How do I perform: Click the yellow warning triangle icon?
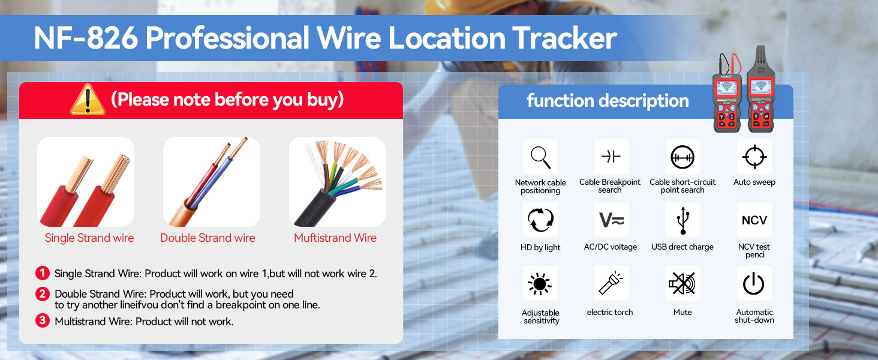coord(88,100)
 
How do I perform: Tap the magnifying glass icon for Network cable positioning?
coord(540,157)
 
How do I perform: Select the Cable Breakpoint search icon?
coord(611,157)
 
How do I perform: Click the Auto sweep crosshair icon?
coord(754,157)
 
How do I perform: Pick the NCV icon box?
coord(754,220)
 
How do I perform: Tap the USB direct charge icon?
coord(682,220)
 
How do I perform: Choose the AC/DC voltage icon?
coord(611,220)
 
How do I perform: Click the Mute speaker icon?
coord(682,284)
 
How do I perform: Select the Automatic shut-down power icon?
coord(754,284)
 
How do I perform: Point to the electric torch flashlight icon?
coord(611,284)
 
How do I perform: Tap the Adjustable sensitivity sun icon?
coord(540,284)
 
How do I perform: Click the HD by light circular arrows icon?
coord(540,220)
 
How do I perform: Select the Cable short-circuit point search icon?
coord(682,157)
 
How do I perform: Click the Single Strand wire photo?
coord(86,182)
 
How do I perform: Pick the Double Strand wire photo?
coord(212,182)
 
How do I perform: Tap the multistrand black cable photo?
coord(337,182)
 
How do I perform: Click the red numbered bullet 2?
coord(42,294)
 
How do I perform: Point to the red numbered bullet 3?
coord(42,320)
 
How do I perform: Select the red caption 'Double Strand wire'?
coord(208,238)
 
